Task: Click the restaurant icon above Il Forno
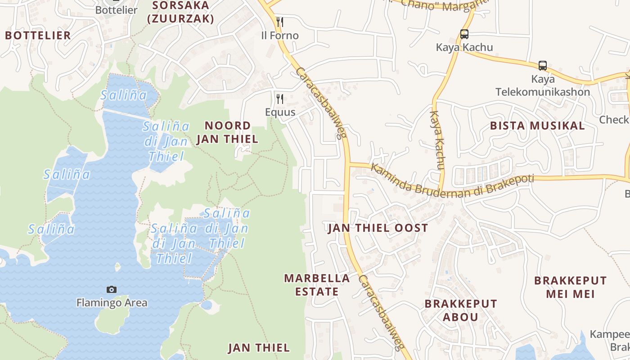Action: click(x=279, y=22)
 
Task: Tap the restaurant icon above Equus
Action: click(x=280, y=99)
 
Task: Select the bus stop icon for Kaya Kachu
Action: click(x=464, y=34)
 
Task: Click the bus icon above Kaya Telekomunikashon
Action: click(x=543, y=66)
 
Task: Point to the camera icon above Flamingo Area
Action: click(x=112, y=289)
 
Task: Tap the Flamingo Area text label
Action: click(x=112, y=303)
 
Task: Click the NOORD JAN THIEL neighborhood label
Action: click(x=227, y=132)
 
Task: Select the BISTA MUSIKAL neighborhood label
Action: click(x=537, y=126)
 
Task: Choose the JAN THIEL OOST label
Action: click(x=378, y=228)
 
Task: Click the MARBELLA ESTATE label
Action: click(x=317, y=285)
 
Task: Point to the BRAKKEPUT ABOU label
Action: click(x=461, y=310)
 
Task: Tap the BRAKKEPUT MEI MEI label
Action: click(x=570, y=288)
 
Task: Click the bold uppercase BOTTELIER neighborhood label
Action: click(x=38, y=36)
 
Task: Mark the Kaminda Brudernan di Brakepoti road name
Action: click(x=452, y=182)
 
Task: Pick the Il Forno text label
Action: click(x=279, y=36)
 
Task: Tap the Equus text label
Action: click(x=280, y=112)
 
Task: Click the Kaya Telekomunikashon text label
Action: click(x=542, y=85)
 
